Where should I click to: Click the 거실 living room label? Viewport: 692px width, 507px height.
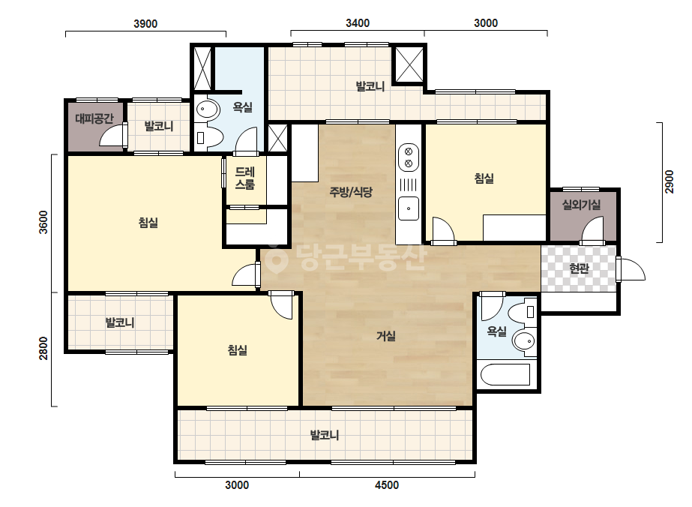385,336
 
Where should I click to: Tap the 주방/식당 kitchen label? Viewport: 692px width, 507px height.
351,192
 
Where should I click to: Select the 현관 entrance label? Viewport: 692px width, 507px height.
579,268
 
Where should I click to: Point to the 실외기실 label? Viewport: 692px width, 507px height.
581,205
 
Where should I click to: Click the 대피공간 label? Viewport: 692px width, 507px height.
94,118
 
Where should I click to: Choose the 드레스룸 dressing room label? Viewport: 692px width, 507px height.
244,178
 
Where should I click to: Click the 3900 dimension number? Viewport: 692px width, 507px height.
145,23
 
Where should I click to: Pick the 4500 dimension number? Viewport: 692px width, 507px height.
387,485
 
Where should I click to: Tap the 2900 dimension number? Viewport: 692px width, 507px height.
669,181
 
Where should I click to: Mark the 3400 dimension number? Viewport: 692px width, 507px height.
358,23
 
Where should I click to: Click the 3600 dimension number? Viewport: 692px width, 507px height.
43,222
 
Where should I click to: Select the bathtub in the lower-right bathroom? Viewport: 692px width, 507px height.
505,374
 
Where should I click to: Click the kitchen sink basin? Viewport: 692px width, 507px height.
409,208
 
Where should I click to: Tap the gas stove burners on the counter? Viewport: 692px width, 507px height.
409,157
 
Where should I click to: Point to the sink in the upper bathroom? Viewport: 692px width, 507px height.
207,109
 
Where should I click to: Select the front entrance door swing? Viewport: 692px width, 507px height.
631,269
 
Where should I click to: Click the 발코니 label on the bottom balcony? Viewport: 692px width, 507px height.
325,435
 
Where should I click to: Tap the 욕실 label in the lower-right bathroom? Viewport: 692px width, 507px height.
496,331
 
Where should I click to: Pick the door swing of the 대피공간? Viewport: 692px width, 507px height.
112,135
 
